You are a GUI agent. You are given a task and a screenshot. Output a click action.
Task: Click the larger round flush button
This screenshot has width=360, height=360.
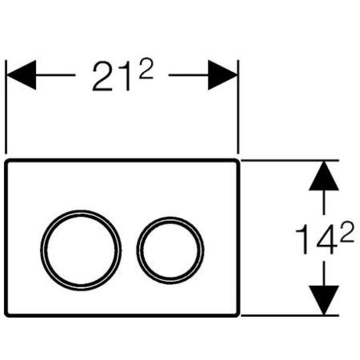tap(81, 250)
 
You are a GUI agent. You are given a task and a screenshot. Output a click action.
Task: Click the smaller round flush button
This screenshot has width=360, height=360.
tap(170, 250)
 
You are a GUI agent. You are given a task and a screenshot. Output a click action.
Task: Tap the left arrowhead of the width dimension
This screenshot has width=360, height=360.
tap(22, 75)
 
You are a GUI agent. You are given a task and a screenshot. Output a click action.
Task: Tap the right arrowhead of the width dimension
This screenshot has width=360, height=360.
tap(222, 75)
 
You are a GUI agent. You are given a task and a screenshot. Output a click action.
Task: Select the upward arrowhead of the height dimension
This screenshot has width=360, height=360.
tap(324, 176)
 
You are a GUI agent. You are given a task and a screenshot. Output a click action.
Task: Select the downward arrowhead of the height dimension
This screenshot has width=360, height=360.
tap(324, 300)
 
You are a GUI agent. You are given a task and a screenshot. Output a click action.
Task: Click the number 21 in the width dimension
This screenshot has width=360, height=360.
tap(111, 76)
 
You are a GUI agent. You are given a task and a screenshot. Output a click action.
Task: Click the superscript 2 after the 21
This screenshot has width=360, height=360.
tap(146, 68)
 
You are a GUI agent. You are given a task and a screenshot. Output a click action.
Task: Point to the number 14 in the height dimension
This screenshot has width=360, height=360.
tap(316, 239)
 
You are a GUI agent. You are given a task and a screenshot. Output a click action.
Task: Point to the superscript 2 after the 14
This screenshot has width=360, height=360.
tap(347, 231)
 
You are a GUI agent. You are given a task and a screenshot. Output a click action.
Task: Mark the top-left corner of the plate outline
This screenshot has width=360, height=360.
tap(5, 160)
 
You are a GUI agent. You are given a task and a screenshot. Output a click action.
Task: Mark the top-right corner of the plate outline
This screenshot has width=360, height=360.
tap(239, 160)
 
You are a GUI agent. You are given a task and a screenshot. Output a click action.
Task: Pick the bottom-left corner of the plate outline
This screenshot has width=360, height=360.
tap(5, 316)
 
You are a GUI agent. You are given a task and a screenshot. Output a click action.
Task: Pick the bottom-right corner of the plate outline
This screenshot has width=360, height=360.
tap(239, 316)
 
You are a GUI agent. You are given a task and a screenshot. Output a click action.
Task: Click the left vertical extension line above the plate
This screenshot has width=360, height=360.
tap(6, 107)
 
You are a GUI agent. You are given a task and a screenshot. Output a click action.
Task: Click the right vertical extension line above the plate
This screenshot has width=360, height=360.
tap(238, 107)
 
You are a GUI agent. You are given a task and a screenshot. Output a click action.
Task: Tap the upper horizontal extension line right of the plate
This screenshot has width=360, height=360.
tap(290, 160)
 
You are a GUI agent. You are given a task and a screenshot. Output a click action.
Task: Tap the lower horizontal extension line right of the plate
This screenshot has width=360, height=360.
tap(290, 316)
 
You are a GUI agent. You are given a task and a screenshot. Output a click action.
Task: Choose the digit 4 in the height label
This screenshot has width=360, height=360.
tap(327, 239)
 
